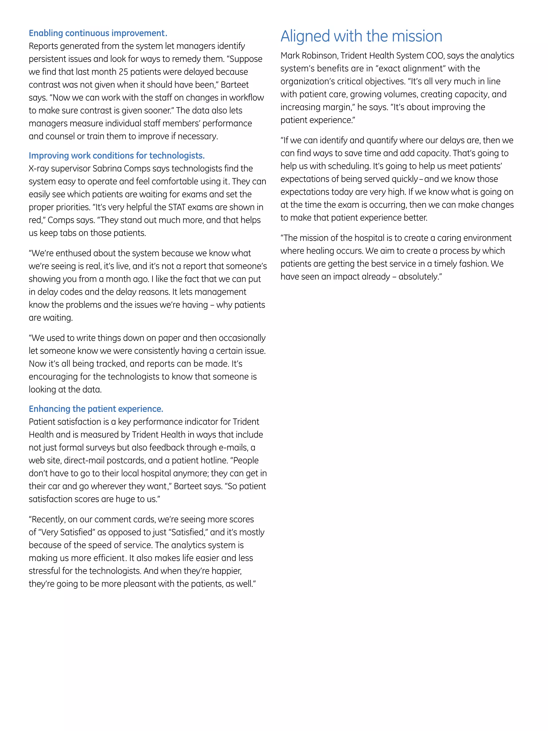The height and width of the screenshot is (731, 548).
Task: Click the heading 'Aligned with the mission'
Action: tap(361, 36)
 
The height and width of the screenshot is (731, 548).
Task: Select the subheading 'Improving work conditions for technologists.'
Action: tap(117, 156)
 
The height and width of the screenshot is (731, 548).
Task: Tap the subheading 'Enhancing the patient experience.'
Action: tap(96, 409)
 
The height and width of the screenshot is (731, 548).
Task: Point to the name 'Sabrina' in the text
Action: tap(107, 169)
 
